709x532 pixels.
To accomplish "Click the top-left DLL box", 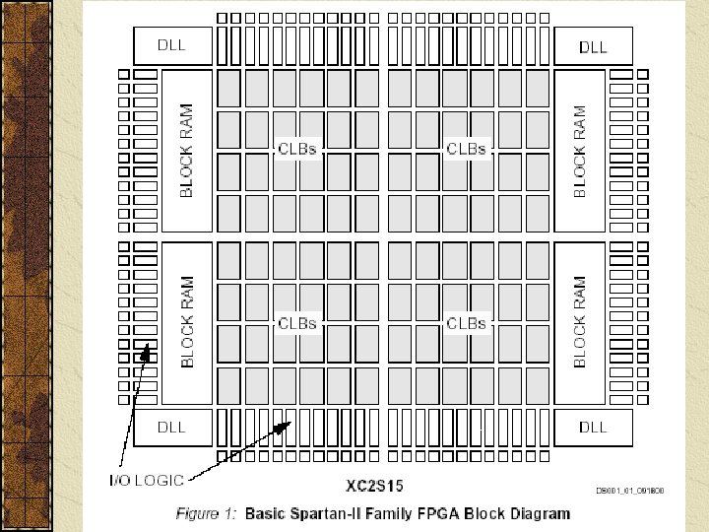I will pos(185,45).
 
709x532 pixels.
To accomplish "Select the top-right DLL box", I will pos(593,45).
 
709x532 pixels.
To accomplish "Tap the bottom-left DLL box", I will pos(185,427).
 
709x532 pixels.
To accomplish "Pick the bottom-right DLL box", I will pos(593,427).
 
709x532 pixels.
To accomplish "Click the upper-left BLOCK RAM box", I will pos(186,151).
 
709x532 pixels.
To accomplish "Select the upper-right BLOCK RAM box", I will pos(580,151).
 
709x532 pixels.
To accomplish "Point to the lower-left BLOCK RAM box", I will pos(186,322).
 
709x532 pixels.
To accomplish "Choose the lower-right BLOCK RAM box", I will pos(580,322).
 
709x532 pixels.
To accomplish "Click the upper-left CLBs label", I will pos(296,149).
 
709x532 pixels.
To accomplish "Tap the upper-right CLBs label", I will pos(466,149).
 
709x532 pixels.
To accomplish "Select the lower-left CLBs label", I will pos(296,322).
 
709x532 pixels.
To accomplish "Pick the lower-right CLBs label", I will pos(466,322).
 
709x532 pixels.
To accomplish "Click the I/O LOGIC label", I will pos(146,480).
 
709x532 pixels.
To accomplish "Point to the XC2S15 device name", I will pos(372,486).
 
